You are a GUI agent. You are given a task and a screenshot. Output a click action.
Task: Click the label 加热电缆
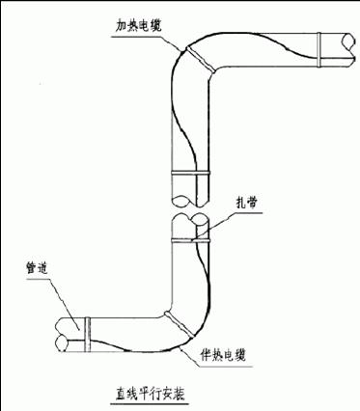138,26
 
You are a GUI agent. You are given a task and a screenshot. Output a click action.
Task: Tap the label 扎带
246,203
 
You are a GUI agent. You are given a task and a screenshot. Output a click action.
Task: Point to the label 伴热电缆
223,356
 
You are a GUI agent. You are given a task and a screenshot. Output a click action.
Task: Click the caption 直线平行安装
151,393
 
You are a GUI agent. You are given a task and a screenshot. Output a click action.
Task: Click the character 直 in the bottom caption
121,393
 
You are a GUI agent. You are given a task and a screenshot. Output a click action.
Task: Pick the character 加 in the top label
122,26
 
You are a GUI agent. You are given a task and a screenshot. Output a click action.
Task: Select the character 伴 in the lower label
206,356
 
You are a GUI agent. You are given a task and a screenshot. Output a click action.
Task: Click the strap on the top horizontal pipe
318,50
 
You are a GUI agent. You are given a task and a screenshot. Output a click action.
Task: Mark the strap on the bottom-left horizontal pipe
88,335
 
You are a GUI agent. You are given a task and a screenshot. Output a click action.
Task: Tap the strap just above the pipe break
191,174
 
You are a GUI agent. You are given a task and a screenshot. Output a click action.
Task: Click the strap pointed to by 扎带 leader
191,240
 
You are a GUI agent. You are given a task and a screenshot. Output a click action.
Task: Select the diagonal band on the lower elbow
180,324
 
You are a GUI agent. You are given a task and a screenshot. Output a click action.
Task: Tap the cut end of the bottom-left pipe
62,335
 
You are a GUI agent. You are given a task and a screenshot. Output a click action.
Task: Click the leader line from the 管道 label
65,304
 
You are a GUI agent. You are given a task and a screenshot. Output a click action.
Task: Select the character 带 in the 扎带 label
252,203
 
